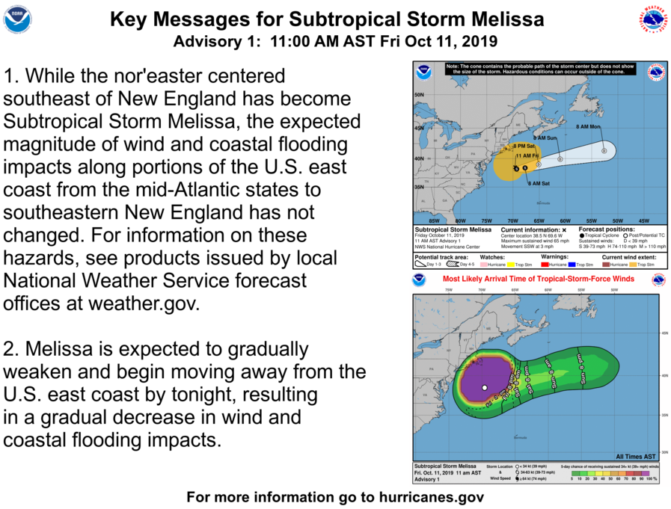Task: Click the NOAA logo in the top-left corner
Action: pos(17,19)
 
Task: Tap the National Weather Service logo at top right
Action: pos(653,19)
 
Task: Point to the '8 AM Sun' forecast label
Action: pos(544,138)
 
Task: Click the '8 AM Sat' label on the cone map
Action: pos(539,183)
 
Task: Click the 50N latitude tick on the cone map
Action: pos(420,95)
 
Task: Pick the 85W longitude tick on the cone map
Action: pos(434,221)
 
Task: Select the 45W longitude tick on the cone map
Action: pos(644,221)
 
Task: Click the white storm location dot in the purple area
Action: pos(485,388)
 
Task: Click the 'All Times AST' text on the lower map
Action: pos(636,456)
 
